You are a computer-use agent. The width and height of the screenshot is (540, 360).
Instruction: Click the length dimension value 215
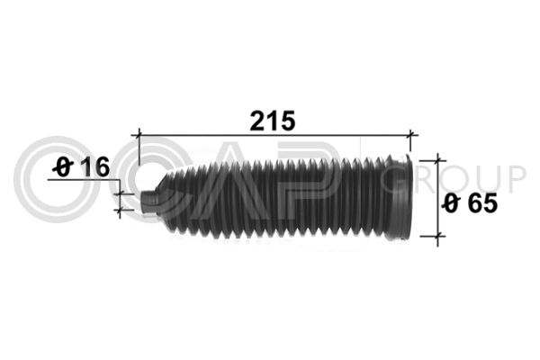coord(273,121)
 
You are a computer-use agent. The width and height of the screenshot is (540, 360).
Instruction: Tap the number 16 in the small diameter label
coord(96,166)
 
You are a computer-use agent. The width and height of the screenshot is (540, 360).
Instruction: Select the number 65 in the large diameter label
coord(482,202)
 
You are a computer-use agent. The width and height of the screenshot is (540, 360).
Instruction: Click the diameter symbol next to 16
coord(63,167)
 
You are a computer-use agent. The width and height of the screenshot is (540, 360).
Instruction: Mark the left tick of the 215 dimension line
coord(139,135)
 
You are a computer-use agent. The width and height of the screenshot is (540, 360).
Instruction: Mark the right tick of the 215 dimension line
coord(410,135)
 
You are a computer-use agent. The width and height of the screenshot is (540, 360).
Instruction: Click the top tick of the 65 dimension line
coord(437,160)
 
